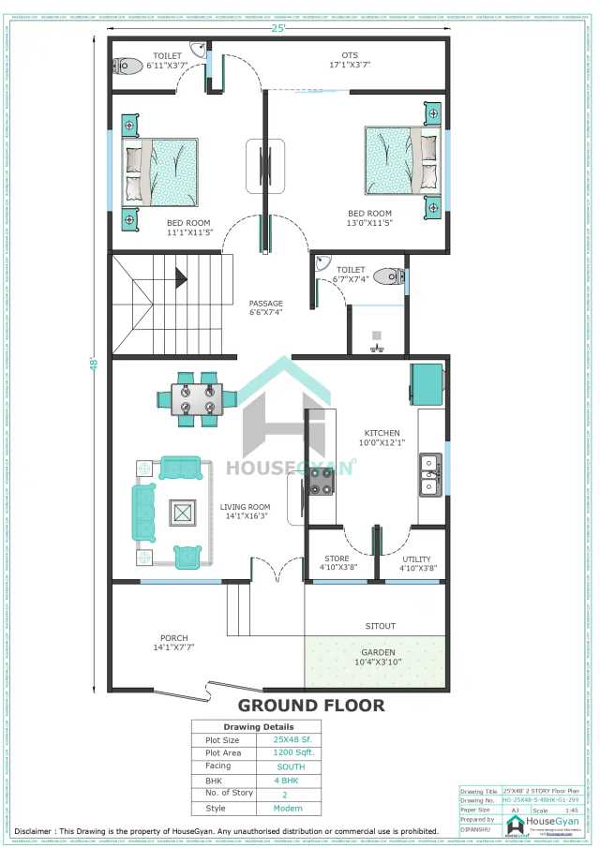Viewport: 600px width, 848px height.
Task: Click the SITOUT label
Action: point(381,625)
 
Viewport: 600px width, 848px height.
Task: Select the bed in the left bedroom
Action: point(161,171)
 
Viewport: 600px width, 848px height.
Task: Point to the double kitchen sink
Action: point(430,473)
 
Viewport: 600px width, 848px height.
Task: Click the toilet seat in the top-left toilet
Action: point(126,66)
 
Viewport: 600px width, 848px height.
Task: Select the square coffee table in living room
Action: point(182,513)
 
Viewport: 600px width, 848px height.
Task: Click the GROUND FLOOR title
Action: point(310,706)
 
